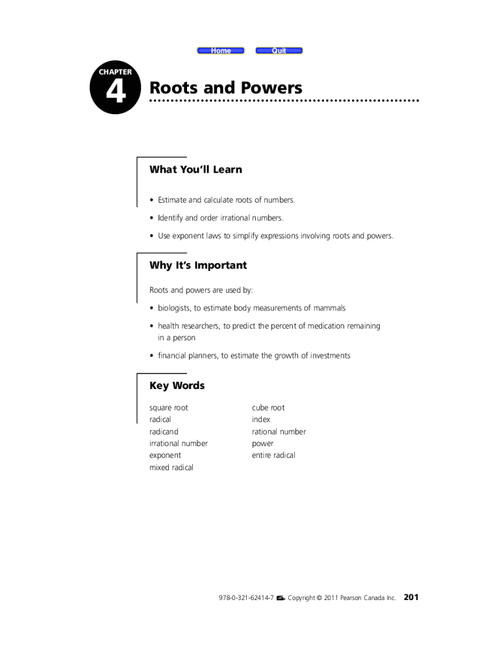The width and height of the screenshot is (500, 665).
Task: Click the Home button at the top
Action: [221, 51]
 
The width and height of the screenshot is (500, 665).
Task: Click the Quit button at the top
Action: [279, 51]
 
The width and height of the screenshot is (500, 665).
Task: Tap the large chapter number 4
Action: [116, 94]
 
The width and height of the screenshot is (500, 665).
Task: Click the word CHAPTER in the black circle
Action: [116, 71]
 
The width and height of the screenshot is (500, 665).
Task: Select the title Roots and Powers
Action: [226, 88]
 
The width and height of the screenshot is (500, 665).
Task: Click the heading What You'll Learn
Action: [195, 169]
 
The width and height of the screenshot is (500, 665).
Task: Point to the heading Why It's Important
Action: [198, 265]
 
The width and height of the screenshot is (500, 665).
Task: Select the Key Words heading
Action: [177, 386]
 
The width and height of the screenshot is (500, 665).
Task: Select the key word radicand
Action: [164, 432]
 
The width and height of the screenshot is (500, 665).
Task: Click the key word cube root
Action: [268, 408]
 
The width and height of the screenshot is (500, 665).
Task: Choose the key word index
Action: [261, 420]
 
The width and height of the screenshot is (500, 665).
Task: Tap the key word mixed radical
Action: [171, 468]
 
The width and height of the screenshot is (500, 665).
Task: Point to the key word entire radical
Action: [273, 455]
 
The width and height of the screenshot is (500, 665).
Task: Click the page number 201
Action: [411, 597]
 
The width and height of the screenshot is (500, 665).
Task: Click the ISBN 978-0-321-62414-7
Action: [246, 598]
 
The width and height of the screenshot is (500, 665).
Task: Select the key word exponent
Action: [165, 455]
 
